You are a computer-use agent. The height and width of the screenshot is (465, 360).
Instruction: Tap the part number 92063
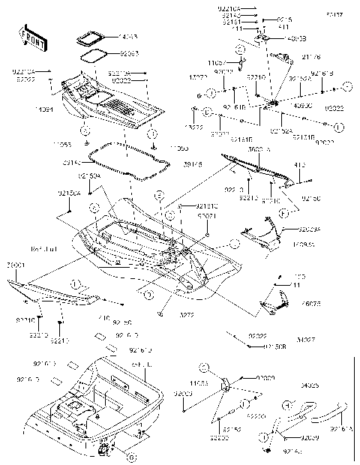point(130,53)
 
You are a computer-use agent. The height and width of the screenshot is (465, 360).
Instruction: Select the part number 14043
point(129,36)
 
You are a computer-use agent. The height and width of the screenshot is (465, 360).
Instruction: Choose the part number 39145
point(172,164)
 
